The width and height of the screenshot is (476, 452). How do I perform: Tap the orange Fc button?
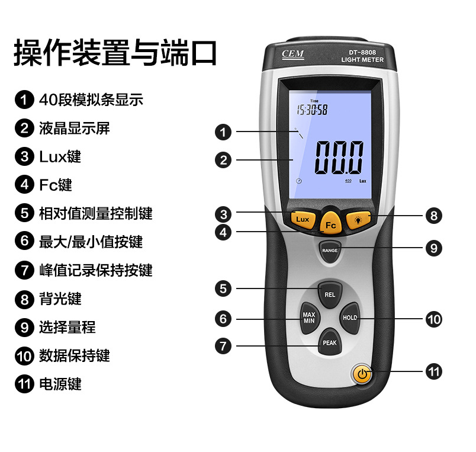(x=330, y=223)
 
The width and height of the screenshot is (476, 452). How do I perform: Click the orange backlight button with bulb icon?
(x=359, y=219)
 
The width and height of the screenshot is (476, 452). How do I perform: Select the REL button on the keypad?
(x=330, y=294)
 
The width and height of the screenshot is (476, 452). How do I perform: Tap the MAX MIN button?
(x=309, y=318)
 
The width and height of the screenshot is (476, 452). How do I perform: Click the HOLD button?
(x=349, y=318)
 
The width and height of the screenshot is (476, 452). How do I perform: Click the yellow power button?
(x=362, y=374)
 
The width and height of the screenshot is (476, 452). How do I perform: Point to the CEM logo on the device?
(x=292, y=54)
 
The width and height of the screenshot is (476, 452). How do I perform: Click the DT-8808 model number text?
(x=362, y=52)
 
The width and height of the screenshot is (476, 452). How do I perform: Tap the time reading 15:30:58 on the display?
(x=312, y=110)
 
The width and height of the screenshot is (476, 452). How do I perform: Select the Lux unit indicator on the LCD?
(x=363, y=181)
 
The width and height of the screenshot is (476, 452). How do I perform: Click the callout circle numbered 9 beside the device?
(x=433, y=248)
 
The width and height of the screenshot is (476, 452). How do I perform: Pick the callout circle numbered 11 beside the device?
(x=433, y=371)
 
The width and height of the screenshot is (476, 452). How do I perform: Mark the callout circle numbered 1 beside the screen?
(x=223, y=132)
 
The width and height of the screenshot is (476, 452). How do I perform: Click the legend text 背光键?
(x=60, y=299)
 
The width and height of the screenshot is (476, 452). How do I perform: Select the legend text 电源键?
(x=60, y=384)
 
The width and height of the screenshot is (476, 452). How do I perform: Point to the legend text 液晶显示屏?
(x=75, y=128)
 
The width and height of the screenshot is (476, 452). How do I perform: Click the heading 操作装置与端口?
(x=115, y=53)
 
